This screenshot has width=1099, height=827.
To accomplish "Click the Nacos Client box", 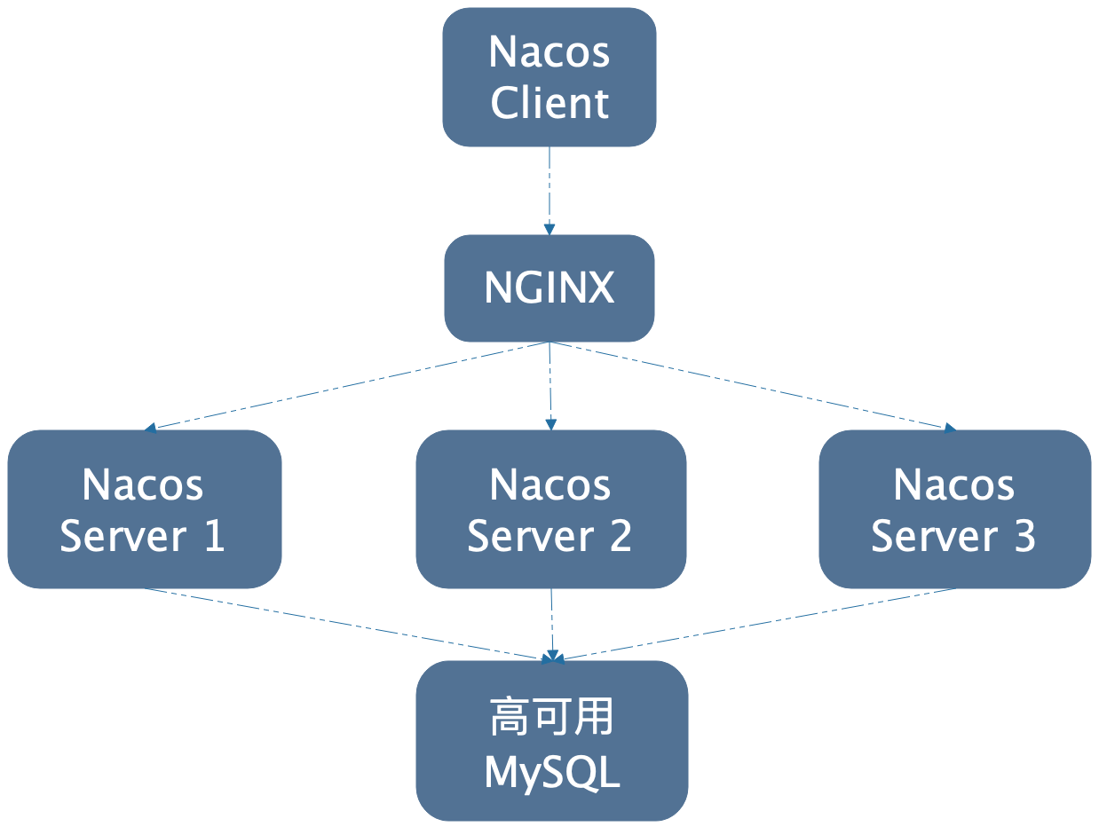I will pyautogui.click(x=549, y=77).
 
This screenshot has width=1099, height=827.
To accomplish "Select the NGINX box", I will pyautogui.click(x=549, y=287).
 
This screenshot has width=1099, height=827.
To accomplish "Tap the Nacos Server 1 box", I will pyautogui.click(x=144, y=508).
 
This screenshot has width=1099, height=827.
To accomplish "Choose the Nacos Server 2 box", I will pyautogui.click(x=550, y=508).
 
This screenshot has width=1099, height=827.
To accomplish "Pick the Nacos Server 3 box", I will pyautogui.click(x=954, y=508).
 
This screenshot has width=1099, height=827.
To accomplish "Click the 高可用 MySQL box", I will pyautogui.click(x=551, y=741).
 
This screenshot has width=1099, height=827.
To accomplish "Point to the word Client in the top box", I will pyautogui.click(x=549, y=103).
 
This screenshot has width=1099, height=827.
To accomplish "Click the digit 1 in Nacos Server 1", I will pyautogui.click(x=213, y=536).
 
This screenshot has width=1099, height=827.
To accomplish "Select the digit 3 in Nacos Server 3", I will pyautogui.click(x=1024, y=536).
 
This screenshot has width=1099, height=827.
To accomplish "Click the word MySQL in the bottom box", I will pyautogui.click(x=551, y=772).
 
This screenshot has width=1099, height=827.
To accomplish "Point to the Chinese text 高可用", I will pyautogui.click(x=551, y=717).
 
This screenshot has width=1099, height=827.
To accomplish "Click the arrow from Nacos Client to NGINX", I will pyautogui.click(x=549, y=190).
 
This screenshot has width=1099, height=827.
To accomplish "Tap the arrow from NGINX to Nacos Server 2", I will pyautogui.click(x=550, y=386).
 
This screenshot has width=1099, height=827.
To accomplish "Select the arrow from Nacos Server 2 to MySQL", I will pyautogui.click(x=552, y=624).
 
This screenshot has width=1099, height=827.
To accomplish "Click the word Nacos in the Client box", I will pyautogui.click(x=549, y=51).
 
